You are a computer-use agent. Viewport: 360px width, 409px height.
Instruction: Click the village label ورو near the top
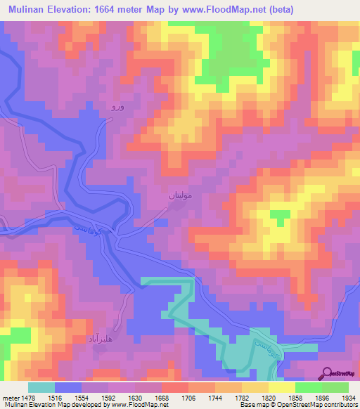(117, 108)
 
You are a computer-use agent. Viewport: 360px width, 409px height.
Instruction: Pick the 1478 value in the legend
(28, 397)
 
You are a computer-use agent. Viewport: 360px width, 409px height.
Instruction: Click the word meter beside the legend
(11, 397)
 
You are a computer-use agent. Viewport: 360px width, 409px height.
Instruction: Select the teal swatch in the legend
(41, 387)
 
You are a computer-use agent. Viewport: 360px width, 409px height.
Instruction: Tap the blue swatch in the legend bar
(68, 387)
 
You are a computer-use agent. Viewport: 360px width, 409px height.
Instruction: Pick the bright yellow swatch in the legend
(282, 387)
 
